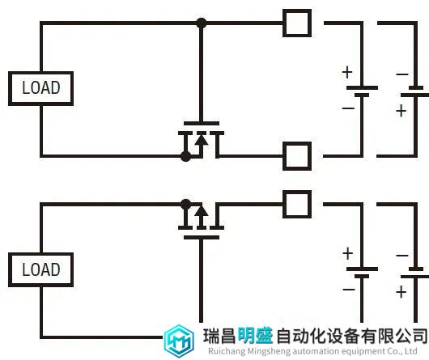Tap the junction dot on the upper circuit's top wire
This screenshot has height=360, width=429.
tap(202, 23)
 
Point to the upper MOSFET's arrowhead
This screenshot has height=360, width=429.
tap(202, 139)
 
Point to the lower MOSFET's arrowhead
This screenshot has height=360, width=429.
tap(202, 211)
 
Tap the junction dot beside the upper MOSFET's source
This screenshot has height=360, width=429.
tap(186, 156)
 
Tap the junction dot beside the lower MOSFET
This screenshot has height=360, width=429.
tap(186, 204)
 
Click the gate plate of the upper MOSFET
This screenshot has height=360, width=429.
tap(202, 123)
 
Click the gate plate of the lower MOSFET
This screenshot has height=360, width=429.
tap(202, 238)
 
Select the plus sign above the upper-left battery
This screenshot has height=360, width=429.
tap(347, 73)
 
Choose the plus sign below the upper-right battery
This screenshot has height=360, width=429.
tap(401, 112)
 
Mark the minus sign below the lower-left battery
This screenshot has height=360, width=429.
tap(349, 289)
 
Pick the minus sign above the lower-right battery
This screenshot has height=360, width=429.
tap(402, 256)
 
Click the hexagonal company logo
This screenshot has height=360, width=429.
tap(179, 341)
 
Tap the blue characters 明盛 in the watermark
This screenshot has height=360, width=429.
tap(255, 336)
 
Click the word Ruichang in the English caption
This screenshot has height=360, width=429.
tap(227, 351)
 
